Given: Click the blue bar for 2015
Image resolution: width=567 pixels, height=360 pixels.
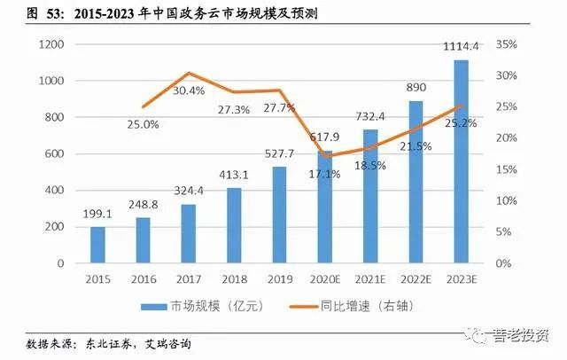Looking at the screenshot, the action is pyautogui.click(x=97, y=245).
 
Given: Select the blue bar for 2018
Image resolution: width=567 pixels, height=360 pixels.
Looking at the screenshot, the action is pyautogui.click(x=234, y=225).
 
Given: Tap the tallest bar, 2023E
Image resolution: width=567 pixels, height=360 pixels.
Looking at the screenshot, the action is pyautogui.click(x=461, y=161).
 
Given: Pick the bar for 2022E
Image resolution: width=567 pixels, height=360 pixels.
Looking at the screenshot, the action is pyautogui.click(x=416, y=182).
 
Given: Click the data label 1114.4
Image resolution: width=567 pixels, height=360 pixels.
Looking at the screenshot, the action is pyautogui.click(x=461, y=47).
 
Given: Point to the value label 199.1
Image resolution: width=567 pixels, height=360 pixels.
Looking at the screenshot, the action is pyautogui.click(x=97, y=215).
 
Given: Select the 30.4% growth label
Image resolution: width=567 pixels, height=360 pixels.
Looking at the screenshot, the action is pyautogui.click(x=189, y=90).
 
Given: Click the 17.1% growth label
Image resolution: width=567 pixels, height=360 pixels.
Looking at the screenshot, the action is pyautogui.click(x=324, y=175).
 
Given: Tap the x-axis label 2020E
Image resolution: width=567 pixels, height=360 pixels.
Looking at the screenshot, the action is pyautogui.click(x=325, y=279).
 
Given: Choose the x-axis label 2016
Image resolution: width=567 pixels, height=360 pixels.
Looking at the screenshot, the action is pyautogui.click(x=144, y=279).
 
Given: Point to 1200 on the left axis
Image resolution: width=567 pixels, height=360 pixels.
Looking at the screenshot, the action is pyautogui.click(x=51, y=44).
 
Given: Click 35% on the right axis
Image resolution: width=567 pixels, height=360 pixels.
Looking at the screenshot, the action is pyautogui.click(x=506, y=44).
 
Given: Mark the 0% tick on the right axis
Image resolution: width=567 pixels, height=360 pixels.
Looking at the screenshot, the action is pyautogui.click(x=503, y=263).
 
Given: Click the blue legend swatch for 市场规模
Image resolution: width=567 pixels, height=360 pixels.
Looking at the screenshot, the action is pyautogui.click(x=153, y=307).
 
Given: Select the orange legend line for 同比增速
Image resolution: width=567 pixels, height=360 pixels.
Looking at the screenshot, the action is pyautogui.click(x=304, y=307).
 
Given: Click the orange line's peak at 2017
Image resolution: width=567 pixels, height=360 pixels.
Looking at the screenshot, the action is pyautogui.click(x=189, y=74).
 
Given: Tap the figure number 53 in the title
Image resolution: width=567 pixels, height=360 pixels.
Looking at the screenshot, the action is pyautogui.click(x=54, y=14).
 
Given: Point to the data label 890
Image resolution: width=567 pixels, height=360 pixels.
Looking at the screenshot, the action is pyautogui.click(x=416, y=88).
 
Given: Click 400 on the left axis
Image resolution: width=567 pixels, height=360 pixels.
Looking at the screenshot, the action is pyautogui.click(x=55, y=191).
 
